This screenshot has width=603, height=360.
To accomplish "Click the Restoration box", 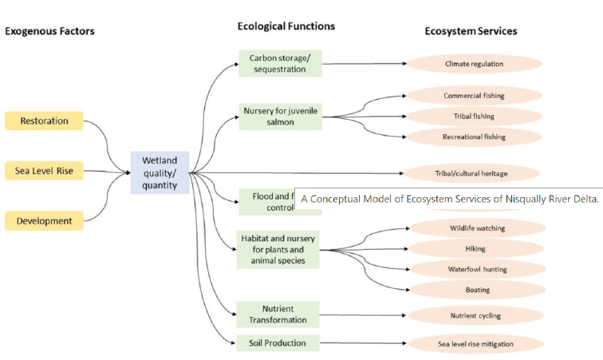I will [x=44, y=121].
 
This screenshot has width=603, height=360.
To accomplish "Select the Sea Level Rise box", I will [x=44, y=171].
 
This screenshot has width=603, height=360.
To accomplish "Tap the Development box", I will [x=44, y=220].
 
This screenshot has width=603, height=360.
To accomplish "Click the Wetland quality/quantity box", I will [x=160, y=172].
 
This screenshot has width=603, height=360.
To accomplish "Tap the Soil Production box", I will [x=272, y=343].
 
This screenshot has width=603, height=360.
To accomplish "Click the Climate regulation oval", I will [x=474, y=64].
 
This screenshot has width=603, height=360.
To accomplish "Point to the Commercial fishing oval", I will [x=474, y=96].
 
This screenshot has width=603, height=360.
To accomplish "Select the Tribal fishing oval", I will [x=474, y=117].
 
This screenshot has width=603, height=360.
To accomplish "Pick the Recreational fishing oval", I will [x=474, y=137].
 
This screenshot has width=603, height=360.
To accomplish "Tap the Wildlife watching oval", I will [x=477, y=228].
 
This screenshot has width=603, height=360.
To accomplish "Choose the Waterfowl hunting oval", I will [x=477, y=269].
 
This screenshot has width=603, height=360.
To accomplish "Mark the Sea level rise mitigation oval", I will [x=475, y=344].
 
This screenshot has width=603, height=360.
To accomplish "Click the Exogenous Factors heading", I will [x=49, y=31].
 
